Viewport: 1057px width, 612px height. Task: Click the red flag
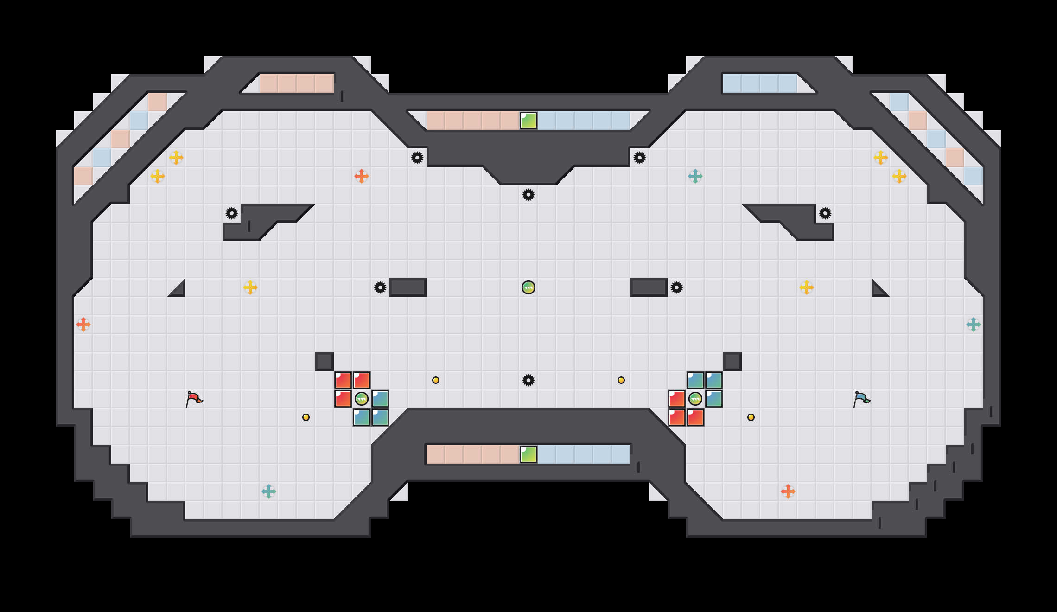194,399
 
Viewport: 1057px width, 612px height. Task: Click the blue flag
861,399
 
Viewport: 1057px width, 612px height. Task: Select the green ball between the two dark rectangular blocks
528,287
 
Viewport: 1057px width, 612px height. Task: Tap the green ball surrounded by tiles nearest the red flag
362,399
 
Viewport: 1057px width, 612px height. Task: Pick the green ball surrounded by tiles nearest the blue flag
695,399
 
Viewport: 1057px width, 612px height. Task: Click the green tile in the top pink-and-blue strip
528,121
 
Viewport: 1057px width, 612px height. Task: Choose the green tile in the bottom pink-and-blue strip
528,454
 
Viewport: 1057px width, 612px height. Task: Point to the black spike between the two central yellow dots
528,380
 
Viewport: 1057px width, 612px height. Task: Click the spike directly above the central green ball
528,195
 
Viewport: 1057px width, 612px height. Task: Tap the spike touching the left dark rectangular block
380,287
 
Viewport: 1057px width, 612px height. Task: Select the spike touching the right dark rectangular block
677,287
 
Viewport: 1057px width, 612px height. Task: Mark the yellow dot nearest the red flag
306,417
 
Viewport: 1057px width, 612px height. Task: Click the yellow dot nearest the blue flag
751,417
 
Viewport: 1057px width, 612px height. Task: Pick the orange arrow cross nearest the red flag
83,325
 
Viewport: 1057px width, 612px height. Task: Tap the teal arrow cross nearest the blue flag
974,325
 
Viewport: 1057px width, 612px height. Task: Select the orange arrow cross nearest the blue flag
788,491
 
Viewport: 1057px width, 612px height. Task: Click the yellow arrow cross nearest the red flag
250,287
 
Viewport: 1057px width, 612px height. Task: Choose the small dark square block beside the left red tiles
325,362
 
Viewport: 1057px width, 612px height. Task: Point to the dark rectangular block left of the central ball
408,287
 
